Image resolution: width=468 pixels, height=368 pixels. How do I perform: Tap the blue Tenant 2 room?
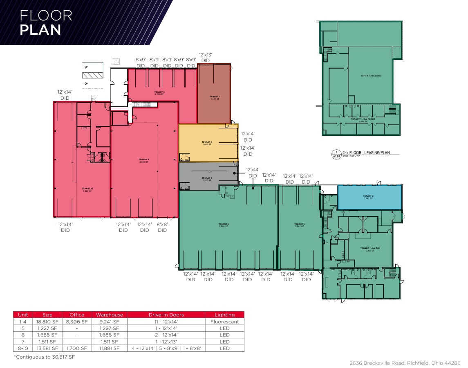tap(368, 197)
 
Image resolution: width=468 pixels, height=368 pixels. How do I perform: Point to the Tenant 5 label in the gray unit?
tap(207, 179)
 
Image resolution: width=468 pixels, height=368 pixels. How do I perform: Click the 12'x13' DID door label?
tap(206, 57)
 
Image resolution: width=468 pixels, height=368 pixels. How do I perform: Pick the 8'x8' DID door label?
tap(162, 227)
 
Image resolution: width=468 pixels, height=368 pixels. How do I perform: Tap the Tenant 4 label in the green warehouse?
tap(224, 225)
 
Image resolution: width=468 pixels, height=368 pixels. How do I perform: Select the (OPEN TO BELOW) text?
tap(371, 76)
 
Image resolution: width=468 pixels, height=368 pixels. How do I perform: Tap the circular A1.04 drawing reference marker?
tap(336, 154)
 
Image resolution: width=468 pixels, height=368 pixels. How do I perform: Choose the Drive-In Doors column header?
tap(166, 315)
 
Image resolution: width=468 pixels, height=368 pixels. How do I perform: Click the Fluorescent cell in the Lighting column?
tap(224, 322)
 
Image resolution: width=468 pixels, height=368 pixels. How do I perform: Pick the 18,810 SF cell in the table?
tap(47, 322)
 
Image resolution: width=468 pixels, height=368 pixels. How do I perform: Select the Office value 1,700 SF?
tap(76, 348)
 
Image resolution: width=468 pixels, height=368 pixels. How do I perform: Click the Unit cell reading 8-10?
tap(23, 348)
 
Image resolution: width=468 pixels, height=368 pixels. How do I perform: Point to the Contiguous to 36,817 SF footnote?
tap(44, 357)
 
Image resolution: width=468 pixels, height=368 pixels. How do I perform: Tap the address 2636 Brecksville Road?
tap(405, 363)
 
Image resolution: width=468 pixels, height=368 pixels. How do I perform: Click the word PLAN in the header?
tap(40, 30)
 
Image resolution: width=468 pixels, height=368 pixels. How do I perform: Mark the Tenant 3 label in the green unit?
tap(299, 225)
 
